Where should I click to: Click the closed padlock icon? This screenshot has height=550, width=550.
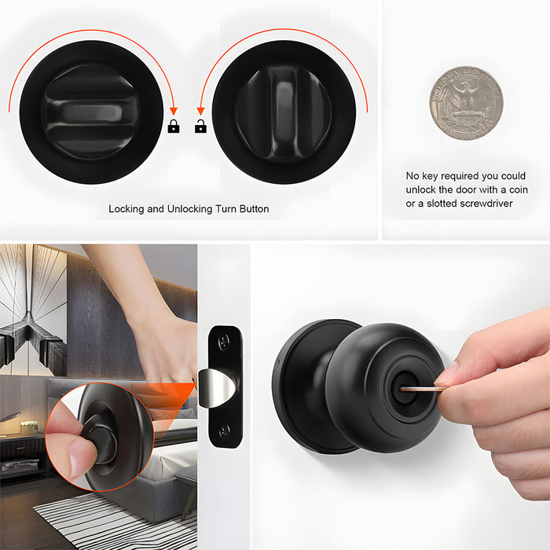(x=174, y=126)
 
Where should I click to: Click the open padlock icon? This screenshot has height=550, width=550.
(x=200, y=126)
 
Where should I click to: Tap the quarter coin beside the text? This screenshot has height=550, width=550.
(x=465, y=102)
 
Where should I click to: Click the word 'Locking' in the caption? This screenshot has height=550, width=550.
(x=126, y=209)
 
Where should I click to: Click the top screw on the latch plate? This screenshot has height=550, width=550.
(x=225, y=341)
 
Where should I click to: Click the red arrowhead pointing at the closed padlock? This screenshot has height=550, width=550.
(x=174, y=112)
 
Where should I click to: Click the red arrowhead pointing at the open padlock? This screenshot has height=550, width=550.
(x=200, y=112)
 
